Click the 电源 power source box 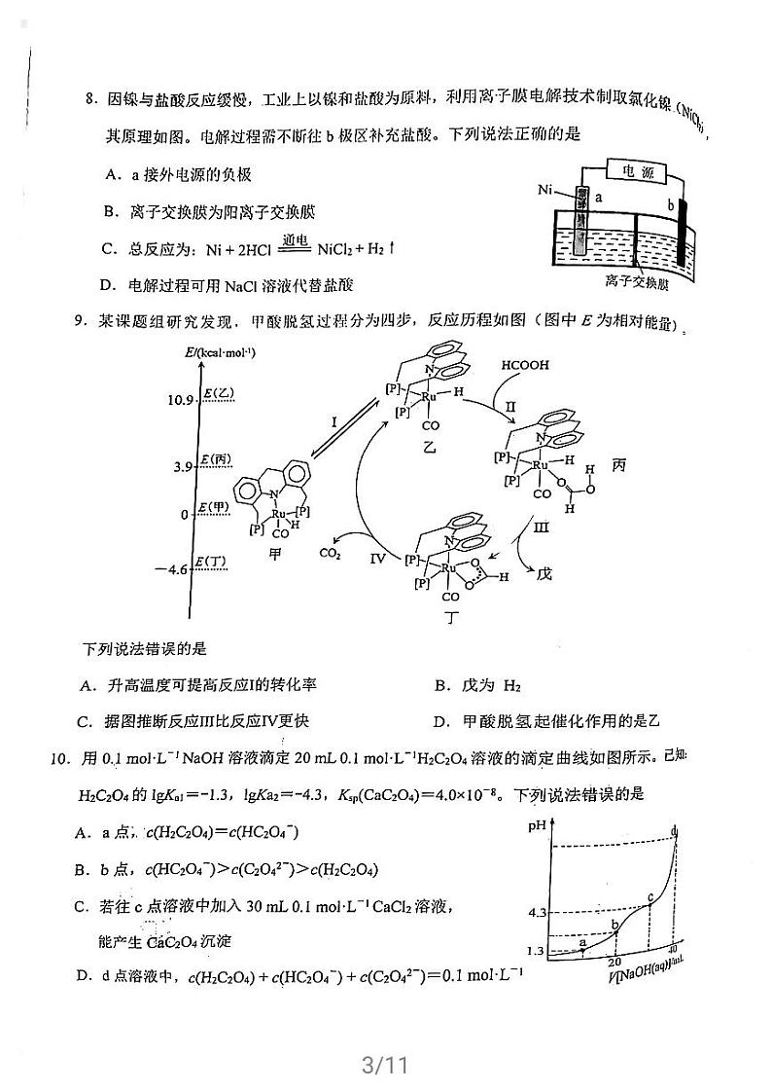638,171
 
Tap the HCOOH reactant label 525,366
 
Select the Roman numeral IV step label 378,559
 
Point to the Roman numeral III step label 543,527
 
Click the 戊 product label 544,574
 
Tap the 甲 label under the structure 275,553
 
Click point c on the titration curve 650,896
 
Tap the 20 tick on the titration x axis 614,962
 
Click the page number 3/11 383,1064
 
